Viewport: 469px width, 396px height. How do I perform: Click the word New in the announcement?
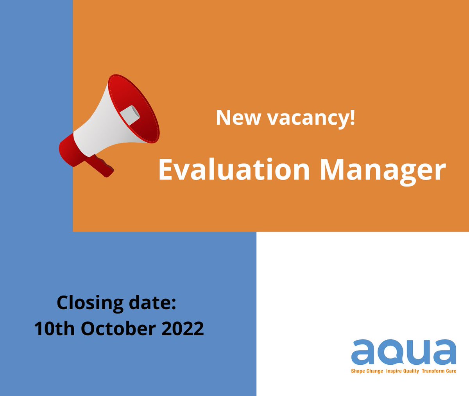[238, 117]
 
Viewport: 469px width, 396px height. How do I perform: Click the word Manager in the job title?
[383, 170]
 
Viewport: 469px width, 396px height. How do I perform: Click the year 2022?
[183, 328]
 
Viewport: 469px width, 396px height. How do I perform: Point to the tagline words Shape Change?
[367, 371]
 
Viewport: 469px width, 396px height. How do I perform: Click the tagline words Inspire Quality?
[402, 371]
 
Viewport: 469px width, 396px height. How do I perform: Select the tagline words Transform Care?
[439, 371]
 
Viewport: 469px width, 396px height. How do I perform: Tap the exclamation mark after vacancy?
[353, 117]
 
